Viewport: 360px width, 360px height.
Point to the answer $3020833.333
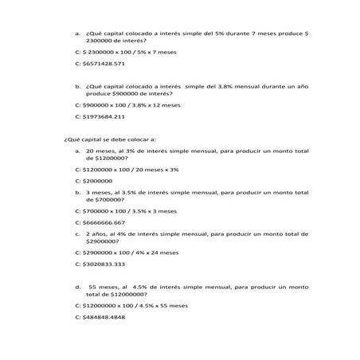[104, 264]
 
